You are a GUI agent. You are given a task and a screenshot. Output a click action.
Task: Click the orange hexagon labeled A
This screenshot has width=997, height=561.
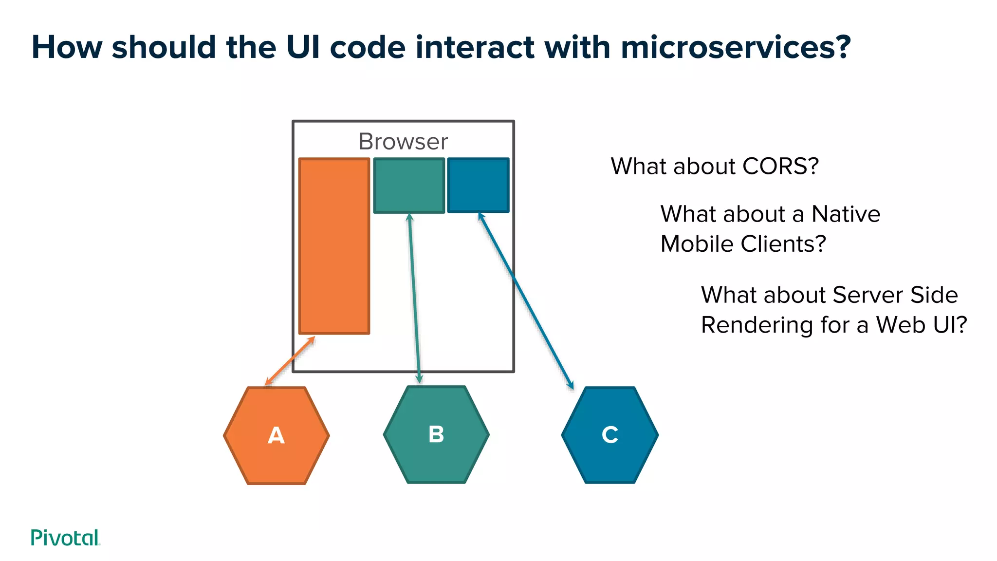pyautogui.click(x=276, y=435)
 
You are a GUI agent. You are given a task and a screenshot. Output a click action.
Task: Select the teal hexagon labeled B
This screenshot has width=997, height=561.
pyautogui.click(x=436, y=434)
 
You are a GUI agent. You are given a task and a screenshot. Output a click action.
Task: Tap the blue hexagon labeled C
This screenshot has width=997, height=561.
pyautogui.click(x=609, y=435)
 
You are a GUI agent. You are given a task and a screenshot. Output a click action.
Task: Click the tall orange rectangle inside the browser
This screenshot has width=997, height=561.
pyautogui.click(x=334, y=246)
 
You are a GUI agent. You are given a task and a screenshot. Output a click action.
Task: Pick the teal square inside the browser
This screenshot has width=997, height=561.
pyautogui.click(x=409, y=185)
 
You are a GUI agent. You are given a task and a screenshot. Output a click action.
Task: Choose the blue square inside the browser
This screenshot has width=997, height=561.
pyautogui.click(x=478, y=185)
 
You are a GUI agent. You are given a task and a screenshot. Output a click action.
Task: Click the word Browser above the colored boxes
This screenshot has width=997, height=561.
pyautogui.click(x=403, y=142)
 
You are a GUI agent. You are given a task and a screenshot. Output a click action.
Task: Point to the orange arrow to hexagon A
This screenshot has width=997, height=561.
pyautogui.click(x=290, y=360)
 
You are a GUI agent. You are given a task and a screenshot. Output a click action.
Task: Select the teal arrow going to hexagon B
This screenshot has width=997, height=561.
pyautogui.click(x=414, y=297)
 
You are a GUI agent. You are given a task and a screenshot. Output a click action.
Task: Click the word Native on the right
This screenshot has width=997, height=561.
pyautogui.click(x=846, y=214)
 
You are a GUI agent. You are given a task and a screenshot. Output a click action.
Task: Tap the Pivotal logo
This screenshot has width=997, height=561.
pyautogui.click(x=65, y=538)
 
